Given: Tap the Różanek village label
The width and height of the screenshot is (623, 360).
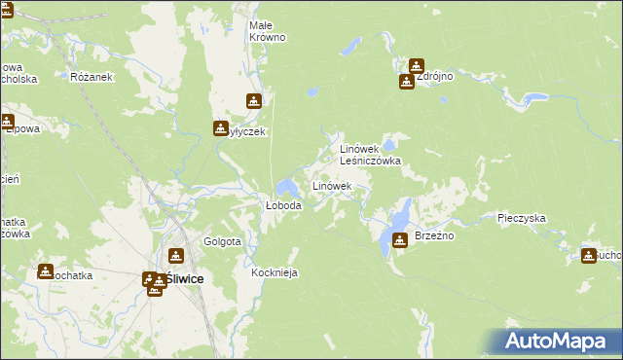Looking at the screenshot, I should coord(93,77).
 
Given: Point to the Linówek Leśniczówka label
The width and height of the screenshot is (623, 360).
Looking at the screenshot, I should coord(370,155).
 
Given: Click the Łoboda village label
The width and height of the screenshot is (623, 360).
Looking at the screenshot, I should coord(284,206).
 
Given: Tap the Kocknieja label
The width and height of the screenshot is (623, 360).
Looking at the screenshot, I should coord(275,273).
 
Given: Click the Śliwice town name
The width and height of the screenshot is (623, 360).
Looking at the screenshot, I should coord(184,278).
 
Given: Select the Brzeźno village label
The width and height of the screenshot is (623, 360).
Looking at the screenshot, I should coord(435,236).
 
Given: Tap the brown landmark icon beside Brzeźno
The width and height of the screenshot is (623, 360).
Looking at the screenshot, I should coord(399,240).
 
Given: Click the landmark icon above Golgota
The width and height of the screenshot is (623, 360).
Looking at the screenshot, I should coord(175,256).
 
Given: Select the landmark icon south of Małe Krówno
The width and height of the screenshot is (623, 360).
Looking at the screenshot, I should coord(253,100).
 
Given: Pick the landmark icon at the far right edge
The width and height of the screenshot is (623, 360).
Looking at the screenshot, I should coord(588,255).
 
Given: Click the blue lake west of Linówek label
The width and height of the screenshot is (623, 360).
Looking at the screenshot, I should coord(287,186).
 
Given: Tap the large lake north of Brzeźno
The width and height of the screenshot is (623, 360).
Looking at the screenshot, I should coord(400,214).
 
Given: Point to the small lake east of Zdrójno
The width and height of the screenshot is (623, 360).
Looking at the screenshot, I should coord(531,98).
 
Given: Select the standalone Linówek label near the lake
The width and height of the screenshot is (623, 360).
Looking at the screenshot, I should coord(331,185).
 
